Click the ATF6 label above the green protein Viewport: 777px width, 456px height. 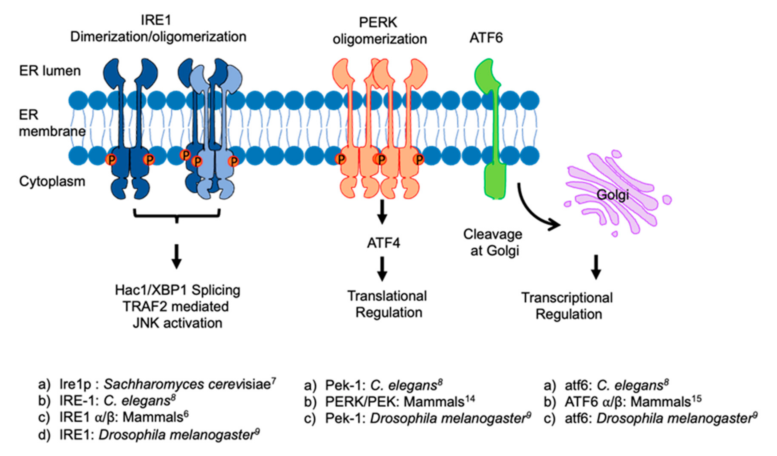(486, 38)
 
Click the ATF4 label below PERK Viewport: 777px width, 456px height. (383, 243)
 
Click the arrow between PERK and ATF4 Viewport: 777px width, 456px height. (382, 212)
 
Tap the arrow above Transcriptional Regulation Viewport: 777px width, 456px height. (596, 267)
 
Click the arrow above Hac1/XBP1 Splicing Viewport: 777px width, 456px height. (176, 256)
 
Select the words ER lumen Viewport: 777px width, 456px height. (50, 71)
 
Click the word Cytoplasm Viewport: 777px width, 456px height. (52, 181)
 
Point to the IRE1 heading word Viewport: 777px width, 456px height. (156, 20)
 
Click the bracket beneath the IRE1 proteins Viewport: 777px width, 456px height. (177, 216)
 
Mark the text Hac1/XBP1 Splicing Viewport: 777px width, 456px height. (178, 290)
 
